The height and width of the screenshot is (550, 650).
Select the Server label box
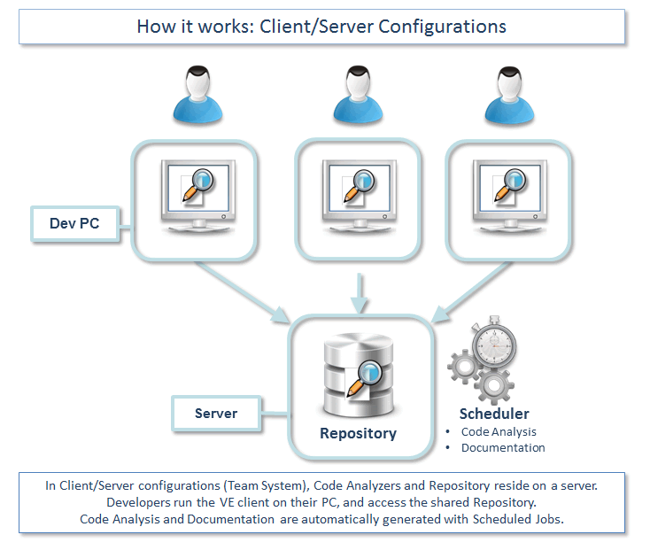coord(215,413)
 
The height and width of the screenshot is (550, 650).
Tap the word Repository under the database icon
coord(358,434)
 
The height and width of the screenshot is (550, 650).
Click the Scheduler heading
coord(494,414)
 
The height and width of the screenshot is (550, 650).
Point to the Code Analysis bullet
coord(499,432)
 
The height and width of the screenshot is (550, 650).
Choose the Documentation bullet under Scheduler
coord(503,448)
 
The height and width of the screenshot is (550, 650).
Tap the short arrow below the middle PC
coord(358,292)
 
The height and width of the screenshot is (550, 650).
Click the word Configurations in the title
coord(442,26)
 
